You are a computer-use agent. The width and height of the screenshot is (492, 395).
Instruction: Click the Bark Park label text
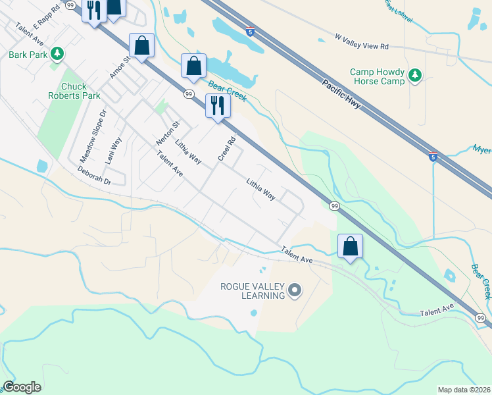[x=28, y=55]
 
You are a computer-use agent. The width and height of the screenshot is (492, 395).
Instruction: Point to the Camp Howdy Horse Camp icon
[x=415, y=76]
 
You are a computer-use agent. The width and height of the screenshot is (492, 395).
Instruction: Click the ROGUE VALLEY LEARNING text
[x=253, y=290]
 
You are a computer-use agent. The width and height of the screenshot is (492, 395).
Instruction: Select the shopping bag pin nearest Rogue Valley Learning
[x=351, y=248]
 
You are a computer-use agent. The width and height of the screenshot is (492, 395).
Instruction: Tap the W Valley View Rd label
[x=362, y=42]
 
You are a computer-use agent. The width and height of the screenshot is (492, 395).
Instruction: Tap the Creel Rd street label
[x=227, y=149]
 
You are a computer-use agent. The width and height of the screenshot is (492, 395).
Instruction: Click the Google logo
[x=22, y=386]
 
